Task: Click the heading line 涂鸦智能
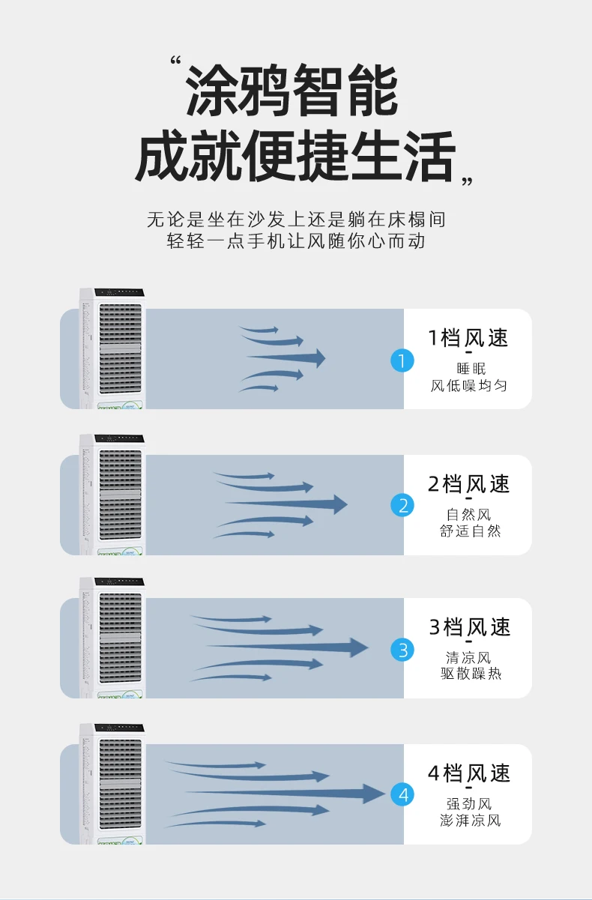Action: pyautogui.click(x=292, y=91)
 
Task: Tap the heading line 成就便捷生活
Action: pyautogui.click(x=295, y=156)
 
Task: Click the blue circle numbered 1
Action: pyautogui.click(x=402, y=360)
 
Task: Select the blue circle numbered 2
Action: pyautogui.click(x=402, y=506)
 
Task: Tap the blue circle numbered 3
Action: pyautogui.click(x=402, y=650)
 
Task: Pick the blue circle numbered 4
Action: pyautogui.click(x=402, y=794)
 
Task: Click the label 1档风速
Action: pyautogui.click(x=468, y=338)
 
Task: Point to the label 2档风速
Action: pyautogui.click(x=468, y=484)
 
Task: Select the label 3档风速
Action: pyautogui.click(x=469, y=627)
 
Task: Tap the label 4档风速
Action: pyautogui.click(x=468, y=773)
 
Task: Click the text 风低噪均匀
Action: pyautogui.click(x=469, y=386)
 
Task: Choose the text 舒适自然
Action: pyautogui.click(x=470, y=531)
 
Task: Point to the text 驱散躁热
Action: pyautogui.click(x=470, y=674)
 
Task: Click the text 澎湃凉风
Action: pyautogui.click(x=470, y=821)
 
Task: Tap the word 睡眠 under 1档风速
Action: pyautogui.click(x=470, y=368)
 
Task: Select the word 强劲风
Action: pyautogui.click(x=469, y=804)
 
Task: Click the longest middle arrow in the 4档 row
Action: pyautogui.click(x=285, y=793)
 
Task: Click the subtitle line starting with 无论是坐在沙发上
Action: pyautogui.click(x=295, y=220)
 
